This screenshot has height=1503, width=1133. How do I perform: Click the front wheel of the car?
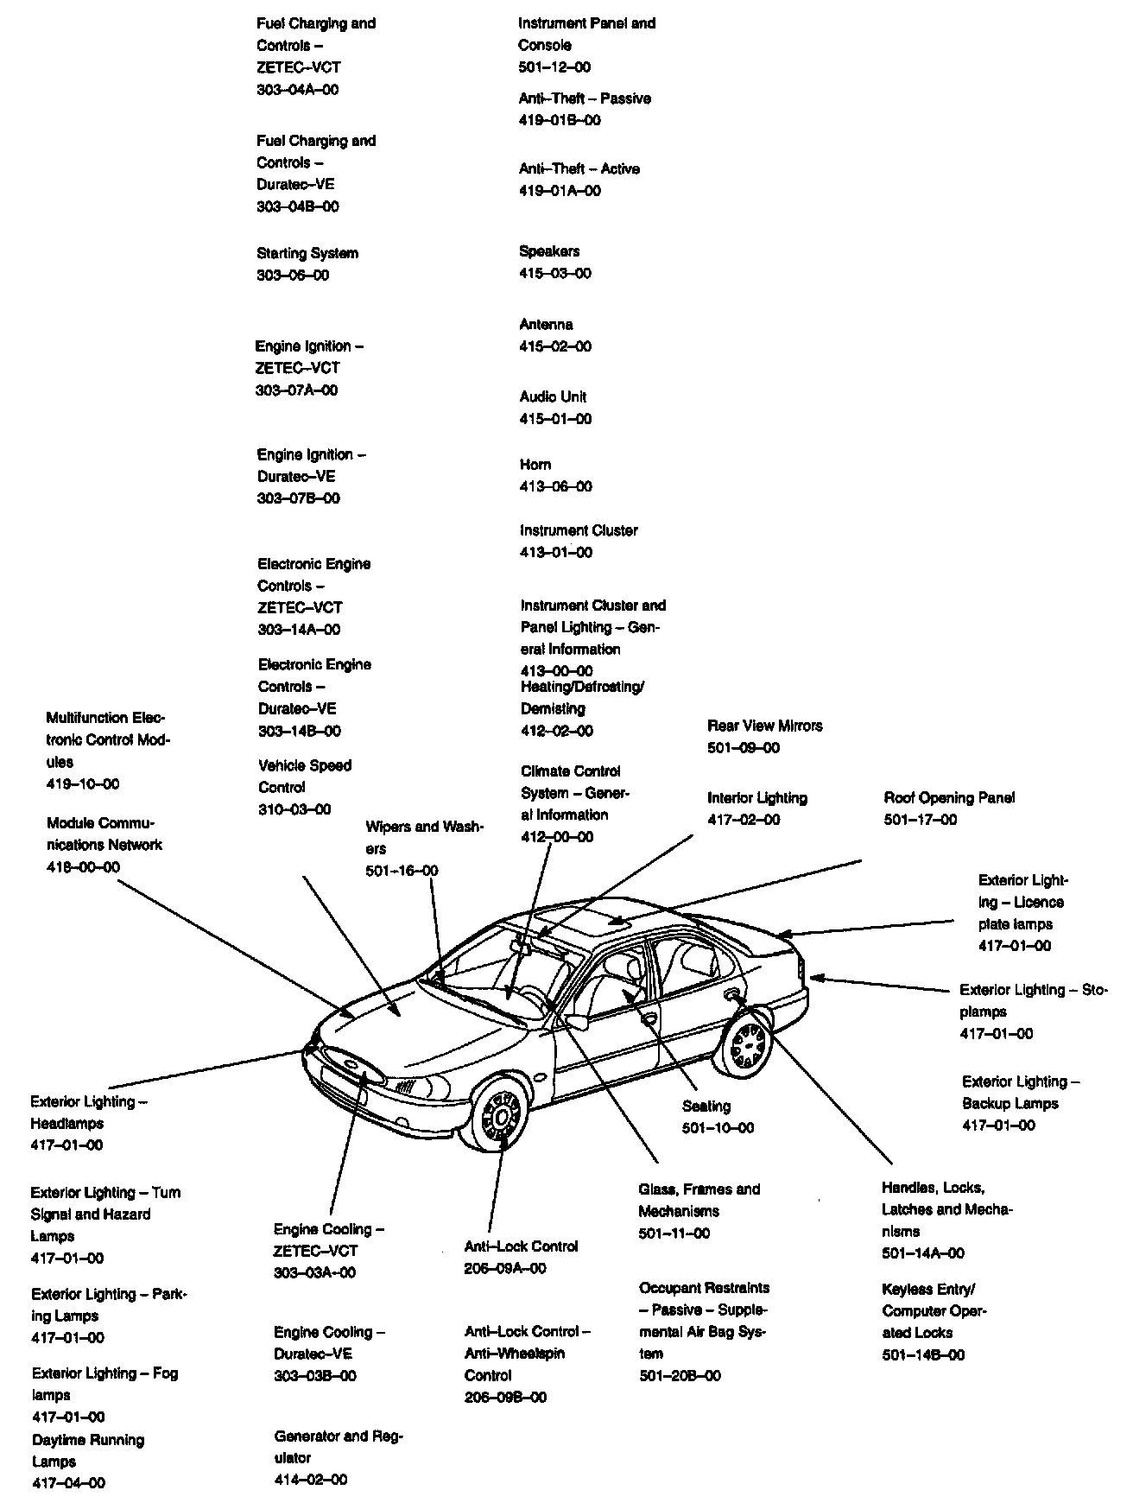[501, 1117]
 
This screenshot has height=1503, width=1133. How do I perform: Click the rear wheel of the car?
[747, 1046]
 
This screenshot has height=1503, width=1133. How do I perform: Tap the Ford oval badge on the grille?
[351, 1065]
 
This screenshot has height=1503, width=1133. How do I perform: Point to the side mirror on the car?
[576, 1022]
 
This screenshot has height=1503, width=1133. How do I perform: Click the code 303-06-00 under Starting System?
[293, 276]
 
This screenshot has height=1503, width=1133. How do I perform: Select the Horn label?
[535, 465]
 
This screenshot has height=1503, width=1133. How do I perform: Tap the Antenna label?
[546, 325]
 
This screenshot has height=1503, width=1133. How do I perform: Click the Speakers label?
[549, 251]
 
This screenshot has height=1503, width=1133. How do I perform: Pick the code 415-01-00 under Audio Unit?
[555, 419]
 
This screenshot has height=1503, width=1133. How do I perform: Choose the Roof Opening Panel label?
[949, 798]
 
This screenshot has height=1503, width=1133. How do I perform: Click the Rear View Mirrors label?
[764, 726]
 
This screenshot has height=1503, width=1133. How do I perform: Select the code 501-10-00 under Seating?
[718, 1128]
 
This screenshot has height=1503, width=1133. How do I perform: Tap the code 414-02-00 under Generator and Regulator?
[311, 1480]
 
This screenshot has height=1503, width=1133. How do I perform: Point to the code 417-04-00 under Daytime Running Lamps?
[69, 1483]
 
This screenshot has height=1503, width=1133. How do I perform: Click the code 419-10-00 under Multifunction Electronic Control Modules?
[83, 784]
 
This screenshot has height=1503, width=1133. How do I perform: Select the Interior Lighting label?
[756, 798]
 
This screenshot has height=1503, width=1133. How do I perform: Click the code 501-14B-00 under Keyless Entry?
[923, 1355]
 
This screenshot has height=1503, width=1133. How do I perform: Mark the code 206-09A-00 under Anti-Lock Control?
[505, 1268]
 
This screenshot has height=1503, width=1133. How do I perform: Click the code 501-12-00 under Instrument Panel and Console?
[554, 67]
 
